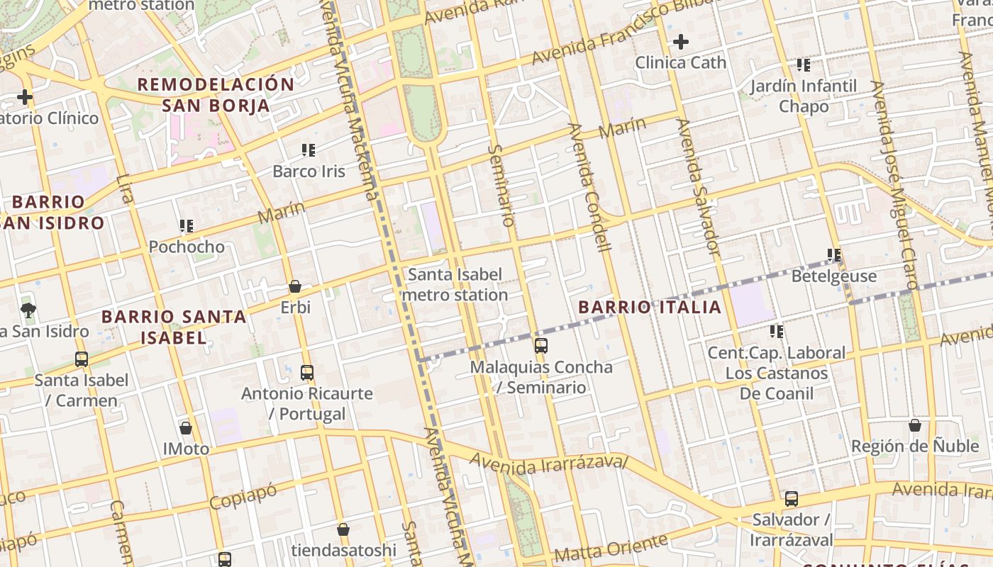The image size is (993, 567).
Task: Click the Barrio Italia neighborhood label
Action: [x=650, y=307]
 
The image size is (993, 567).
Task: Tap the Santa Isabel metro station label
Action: [x=455, y=284]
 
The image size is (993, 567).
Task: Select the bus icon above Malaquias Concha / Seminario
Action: [x=541, y=346]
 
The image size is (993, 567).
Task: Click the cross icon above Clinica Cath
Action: [x=681, y=42]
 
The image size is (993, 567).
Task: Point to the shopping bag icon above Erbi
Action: [x=295, y=286]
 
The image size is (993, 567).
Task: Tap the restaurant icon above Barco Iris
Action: [x=309, y=150]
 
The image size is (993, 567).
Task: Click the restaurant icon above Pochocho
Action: [x=187, y=226]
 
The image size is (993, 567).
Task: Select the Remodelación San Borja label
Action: [x=216, y=95]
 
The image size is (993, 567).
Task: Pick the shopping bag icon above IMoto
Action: [x=186, y=428]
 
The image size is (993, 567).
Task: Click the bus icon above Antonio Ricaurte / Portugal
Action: [x=307, y=372]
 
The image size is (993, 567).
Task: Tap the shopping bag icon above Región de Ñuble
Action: [x=915, y=425]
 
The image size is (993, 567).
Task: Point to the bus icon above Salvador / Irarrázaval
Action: [x=792, y=498]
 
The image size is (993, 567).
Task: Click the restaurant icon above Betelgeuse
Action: [x=834, y=255]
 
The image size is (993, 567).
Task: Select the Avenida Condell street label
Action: [x=589, y=188]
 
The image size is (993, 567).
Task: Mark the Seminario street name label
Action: [x=501, y=185]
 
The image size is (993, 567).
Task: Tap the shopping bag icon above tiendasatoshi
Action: [x=343, y=529]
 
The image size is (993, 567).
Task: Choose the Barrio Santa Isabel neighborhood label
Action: [x=174, y=327]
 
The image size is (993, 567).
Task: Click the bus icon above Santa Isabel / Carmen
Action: [x=82, y=359]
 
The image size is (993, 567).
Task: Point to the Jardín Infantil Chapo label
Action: [x=804, y=96]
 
